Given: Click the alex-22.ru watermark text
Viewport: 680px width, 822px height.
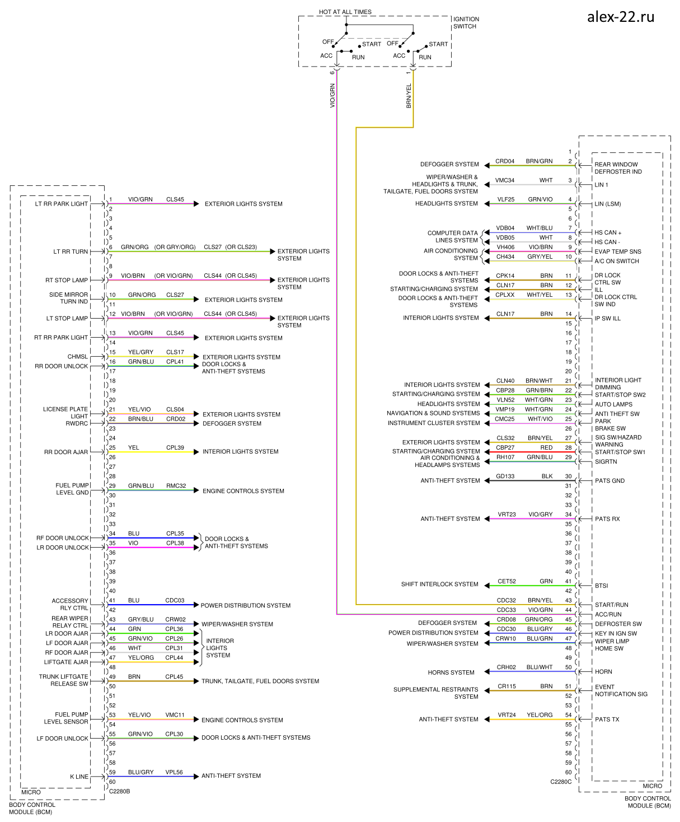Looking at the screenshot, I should (x=620, y=17).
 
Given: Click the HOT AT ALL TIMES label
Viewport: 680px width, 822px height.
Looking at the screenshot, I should (x=345, y=12).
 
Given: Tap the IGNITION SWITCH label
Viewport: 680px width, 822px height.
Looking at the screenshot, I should (x=466, y=22).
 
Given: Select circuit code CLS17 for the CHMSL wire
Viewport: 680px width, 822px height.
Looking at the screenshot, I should (x=175, y=352).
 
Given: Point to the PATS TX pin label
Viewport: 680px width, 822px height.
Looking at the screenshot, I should (x=607, y=720).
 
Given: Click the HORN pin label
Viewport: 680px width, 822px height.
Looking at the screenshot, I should (x=603, y=672).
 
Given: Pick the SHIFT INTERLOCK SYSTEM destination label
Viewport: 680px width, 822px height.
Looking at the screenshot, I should (x=439, y=584).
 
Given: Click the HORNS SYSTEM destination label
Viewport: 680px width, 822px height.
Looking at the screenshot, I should (x=451, y=672).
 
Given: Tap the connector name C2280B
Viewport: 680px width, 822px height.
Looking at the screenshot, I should (x=119, y=791).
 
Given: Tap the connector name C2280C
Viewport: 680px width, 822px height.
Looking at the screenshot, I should (x=561, y=782).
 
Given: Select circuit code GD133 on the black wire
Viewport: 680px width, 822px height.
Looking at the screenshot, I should (x=505, y=477).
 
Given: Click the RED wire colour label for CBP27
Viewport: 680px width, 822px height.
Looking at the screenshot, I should (x=546, y=447).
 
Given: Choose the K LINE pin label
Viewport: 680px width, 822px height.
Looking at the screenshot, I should (x=79, y=777).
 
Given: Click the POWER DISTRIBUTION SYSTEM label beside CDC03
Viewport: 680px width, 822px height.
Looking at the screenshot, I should (x=245, y=605).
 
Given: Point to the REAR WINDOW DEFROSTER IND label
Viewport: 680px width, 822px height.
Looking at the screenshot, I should (x=617, y=168).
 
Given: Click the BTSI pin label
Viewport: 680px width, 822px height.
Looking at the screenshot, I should (x=601, y=586).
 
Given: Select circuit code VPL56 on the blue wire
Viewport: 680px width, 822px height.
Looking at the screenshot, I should (x=174, y=772).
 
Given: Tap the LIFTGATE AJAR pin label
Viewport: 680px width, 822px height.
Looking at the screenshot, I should (x=66, y=662).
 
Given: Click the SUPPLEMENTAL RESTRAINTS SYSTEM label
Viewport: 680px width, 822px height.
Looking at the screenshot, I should (x=435, y=693).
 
